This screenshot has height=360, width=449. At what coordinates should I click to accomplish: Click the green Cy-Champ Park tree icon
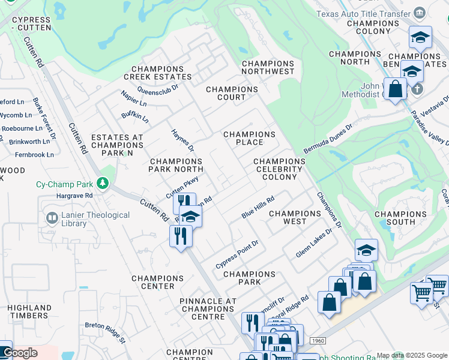(x=103, y=182)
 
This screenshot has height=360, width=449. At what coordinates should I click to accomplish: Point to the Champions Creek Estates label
(x=158, y=73)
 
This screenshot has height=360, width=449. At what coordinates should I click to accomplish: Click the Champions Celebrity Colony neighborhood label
(x=279, y=169)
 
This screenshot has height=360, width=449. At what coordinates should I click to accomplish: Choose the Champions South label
(x=400, y=218)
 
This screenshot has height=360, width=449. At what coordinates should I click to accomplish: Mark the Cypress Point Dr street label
(x=237, y=255)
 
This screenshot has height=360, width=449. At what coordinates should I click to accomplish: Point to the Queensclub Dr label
(x=158, y=88)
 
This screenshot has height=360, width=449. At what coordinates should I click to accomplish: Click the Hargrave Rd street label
(x=74, y=196)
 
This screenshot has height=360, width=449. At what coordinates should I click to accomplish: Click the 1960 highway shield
(x=318, y=341)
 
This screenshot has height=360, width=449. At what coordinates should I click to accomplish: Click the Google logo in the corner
(x=20, y=353)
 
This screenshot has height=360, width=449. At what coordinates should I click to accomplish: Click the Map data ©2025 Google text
(x=412, y=355)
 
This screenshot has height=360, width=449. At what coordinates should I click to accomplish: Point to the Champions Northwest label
(x=268, y=67)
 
